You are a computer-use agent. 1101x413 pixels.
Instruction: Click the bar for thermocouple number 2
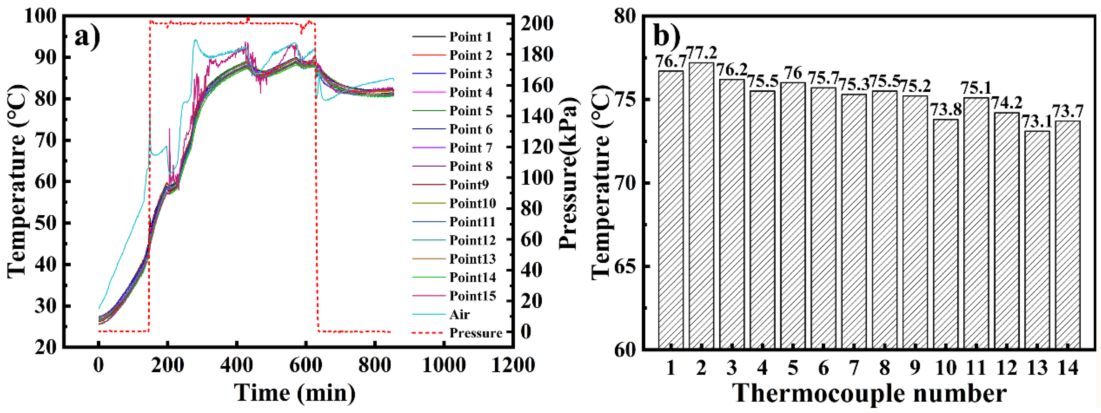(701, 205)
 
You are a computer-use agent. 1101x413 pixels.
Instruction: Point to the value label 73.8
(946, 110)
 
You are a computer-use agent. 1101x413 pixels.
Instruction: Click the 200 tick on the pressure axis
(536, 24)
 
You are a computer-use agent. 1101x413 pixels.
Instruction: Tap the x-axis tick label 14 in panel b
(1068, 367)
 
